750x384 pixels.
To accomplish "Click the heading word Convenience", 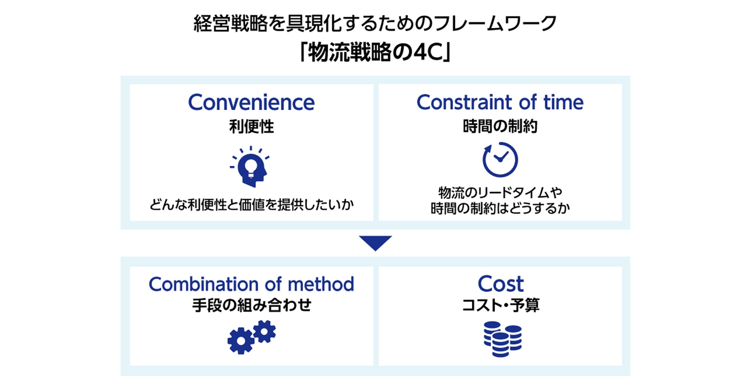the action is (251, 103).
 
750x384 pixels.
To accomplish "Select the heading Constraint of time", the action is (500, 102).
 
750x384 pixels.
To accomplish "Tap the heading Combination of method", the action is (251, 284).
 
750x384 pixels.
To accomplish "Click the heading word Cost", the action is (501, 284).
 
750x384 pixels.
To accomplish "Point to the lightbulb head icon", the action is (250, 166).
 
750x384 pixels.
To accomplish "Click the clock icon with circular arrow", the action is (500, 159).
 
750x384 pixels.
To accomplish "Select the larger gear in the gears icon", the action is (241, 341).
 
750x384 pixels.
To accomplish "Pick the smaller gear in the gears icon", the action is (265, 331).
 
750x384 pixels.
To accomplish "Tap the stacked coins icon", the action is (502, 339).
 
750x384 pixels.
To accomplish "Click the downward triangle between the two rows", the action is (375, 242).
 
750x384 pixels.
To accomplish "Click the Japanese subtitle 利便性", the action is (251, 126).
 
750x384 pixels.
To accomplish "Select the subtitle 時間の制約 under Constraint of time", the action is (500, 126).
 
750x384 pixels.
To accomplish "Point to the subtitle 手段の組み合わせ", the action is (251, 305).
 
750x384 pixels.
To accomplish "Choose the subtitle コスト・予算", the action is (501, 305).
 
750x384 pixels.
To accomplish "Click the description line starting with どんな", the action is (251, 205).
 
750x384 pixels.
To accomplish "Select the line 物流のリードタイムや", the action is (500, 192).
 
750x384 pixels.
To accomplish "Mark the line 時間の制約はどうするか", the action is (500, 208).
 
